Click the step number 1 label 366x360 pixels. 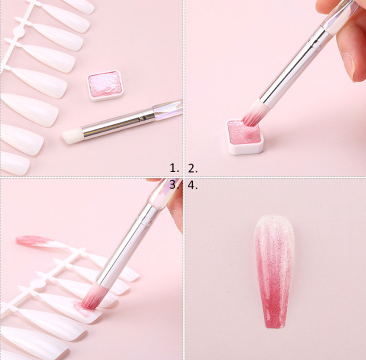[x=174, y=168]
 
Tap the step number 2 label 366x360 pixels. [x=193, y=168]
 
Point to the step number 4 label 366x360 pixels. [x=193, y=185]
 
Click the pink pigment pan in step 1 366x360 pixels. [x=105, y=86]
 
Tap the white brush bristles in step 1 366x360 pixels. [x=72, y=136]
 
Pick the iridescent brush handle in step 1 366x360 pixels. [x=168, y=109]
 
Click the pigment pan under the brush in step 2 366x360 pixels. [x=245, y=137]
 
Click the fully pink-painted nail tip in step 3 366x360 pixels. [x=35, y=242]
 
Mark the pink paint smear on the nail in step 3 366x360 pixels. [x=82, y=309]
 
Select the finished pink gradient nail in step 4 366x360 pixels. [x=274, y=271]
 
